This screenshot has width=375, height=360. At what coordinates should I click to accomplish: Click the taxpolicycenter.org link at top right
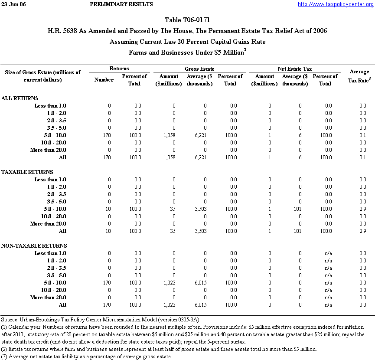pyautogui.click(x=336, y=4)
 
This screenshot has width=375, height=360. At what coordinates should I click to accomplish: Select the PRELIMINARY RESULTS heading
pyautogui.click(x=121, y=4)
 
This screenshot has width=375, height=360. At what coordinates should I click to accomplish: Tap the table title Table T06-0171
pyautogui.click(x=188, y=20)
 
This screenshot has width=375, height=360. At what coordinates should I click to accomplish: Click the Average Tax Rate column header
pyautogui.click(x=359, y=75)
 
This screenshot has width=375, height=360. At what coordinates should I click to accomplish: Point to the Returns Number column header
pyautogui.click(x=104, y=80)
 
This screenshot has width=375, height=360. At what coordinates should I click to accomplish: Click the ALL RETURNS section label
pyautogui.click(x=20, y=98)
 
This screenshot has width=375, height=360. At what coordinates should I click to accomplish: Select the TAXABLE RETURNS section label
pyautogui.click(x=27, y=172)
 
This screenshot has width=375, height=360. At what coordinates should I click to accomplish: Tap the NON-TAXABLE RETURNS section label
pyautogui.click(x=34, y=246)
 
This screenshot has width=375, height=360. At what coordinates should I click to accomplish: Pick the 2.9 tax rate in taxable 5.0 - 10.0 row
pyautogui.click(x=362, y=209)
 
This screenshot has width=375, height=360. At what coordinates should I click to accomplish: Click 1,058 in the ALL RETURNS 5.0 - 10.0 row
pyautogui.click(x=169, y=135)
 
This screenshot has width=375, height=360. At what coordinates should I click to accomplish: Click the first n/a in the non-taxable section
pyautogui.click(x=328, y=253)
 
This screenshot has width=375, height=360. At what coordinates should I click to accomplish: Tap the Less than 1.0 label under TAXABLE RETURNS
pyautogui.click(x=50, y=180)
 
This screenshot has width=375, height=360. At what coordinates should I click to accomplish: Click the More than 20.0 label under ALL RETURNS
pyautogui.click(x=48, y=150)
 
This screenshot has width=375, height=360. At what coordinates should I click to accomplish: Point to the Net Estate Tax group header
pyautogui.click(x=294, y=69)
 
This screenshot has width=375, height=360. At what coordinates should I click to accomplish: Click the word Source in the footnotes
pyautogui.click(x=10, y=320)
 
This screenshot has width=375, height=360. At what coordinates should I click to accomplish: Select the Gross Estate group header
pyautogui.click(x=199, y=69)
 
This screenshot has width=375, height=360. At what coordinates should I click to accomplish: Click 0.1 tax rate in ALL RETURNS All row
pyautogui.click(x=362, y=157)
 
